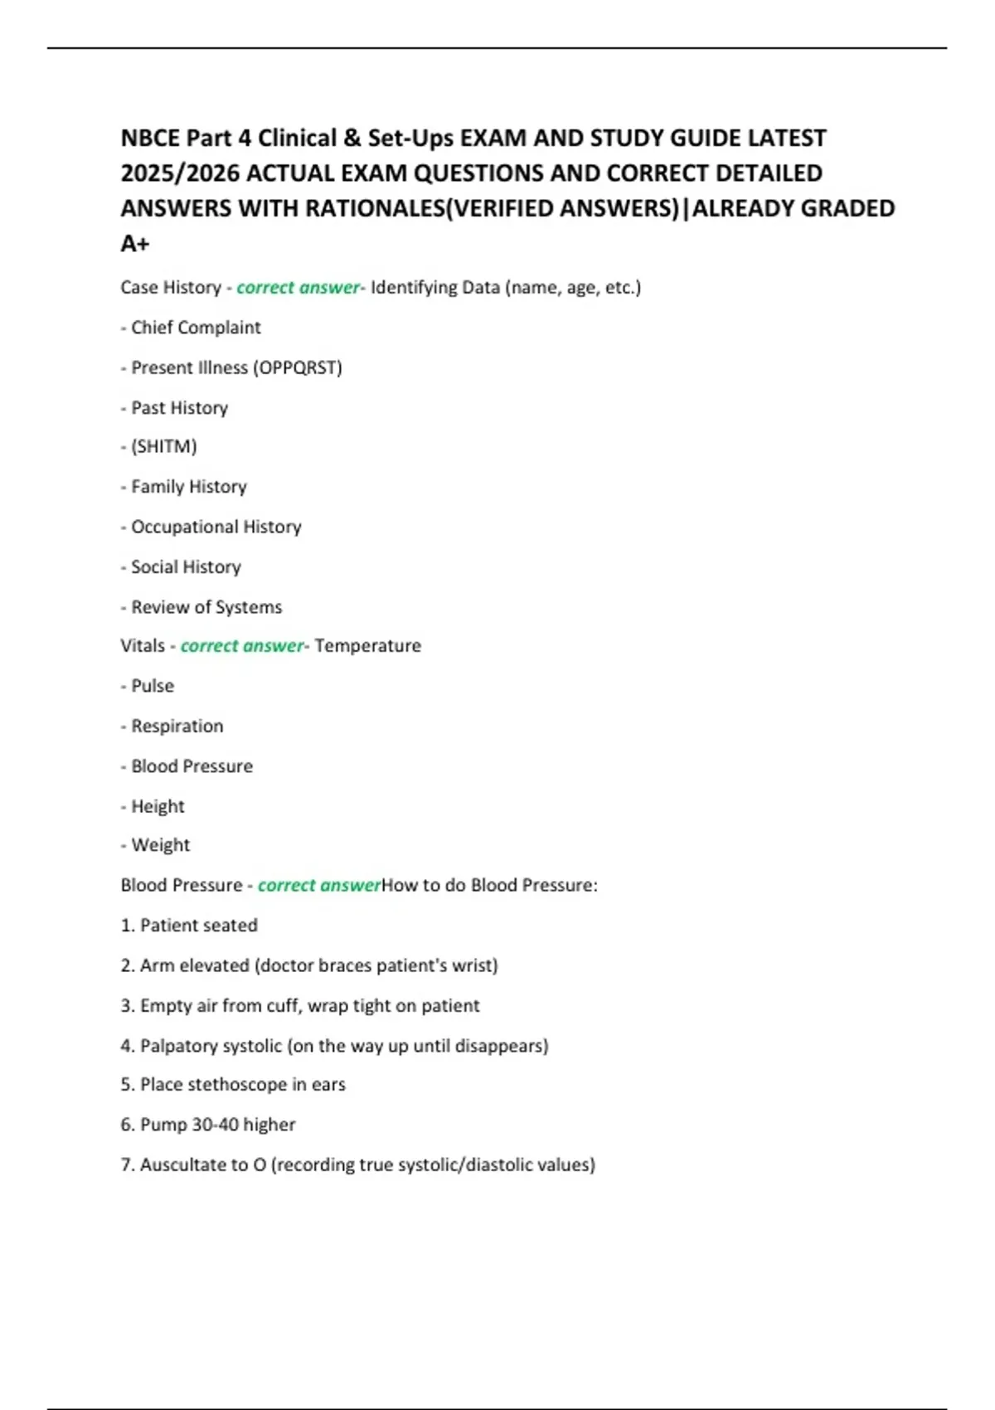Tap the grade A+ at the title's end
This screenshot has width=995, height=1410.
coord(135,244)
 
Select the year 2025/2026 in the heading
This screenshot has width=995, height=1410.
coord(180,173)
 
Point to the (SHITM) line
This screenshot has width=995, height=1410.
coord(163,447)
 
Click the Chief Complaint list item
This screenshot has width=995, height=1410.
coord(196,328)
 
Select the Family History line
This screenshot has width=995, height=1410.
coord(188,487)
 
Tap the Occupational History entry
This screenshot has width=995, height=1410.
coord(216,527)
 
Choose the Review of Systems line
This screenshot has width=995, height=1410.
coord(206,607)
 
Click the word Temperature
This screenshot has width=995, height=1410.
coord(368,646)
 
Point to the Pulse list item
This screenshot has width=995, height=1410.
coord(153,686)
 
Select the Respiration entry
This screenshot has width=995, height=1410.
coord(177,727)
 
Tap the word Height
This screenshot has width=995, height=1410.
coord(158,806)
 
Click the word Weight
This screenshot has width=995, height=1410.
coord(161,845)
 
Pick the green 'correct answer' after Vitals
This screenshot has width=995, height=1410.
coord(242,646)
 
